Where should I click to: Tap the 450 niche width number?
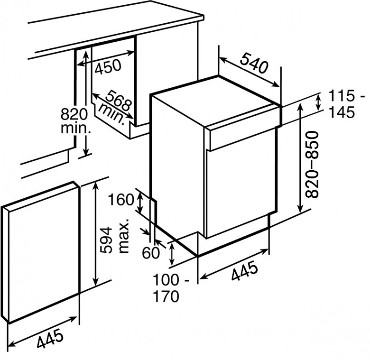[108, 66]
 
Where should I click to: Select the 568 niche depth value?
[118, 101]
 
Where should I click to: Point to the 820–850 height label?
[312, 164]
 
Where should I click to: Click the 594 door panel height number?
[105, 240]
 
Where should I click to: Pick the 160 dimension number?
[121, 200]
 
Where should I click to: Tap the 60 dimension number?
[151, 253]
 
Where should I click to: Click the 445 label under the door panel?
[50, 339]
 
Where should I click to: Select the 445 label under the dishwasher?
[244, 271]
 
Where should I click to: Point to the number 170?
[166, 296]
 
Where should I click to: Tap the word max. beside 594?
[124, 236]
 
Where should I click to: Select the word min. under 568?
[111, 114]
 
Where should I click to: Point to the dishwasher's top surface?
[216, 102]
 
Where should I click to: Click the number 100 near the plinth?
[166, 280]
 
